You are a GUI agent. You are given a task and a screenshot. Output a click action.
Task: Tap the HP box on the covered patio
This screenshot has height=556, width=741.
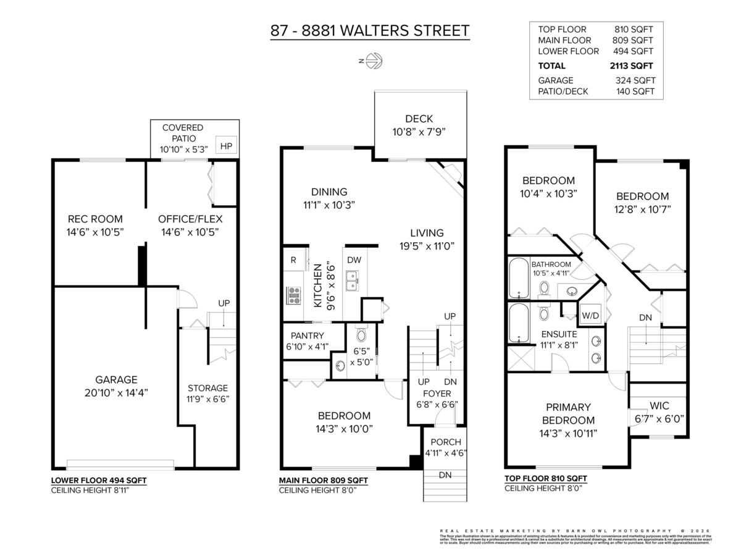pos(226,146)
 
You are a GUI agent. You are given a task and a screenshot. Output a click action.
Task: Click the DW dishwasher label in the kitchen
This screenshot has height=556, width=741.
pos(354,260)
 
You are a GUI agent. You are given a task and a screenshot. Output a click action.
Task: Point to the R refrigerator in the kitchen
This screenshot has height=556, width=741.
pos(293,260)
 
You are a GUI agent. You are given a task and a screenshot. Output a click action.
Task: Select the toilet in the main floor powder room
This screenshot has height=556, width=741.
pos(361,334)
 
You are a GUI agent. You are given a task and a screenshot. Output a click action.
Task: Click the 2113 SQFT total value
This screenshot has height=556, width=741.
pos(631,65)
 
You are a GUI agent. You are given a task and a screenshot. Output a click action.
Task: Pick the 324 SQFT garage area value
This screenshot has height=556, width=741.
pos(635,80)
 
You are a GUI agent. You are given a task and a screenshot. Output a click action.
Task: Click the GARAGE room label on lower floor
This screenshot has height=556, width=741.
pos(116,380)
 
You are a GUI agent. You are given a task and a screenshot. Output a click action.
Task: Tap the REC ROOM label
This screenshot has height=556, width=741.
pos(95,219)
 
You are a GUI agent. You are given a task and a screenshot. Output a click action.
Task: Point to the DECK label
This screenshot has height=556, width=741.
pos(419,119)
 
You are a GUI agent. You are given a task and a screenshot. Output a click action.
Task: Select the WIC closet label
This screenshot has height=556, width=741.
pos(659,406)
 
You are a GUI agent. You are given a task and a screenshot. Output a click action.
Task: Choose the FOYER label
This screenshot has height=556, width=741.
pos(437,394)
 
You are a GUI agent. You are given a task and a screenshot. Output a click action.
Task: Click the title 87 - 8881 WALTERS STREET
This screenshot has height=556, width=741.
pos(369,30)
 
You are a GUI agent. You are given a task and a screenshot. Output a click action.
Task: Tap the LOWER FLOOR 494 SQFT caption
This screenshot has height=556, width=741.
pos(99,480)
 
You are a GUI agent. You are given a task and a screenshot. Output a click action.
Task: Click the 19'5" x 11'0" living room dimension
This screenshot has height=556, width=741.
pos(427,245)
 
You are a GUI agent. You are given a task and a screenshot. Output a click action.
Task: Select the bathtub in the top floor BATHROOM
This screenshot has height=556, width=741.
pos(517,278)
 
